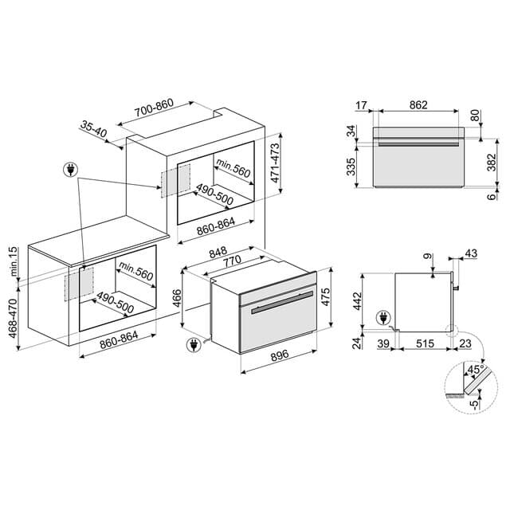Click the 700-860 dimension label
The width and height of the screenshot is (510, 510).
coord(154,107)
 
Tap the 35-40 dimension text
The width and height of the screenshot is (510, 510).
coord(94,129)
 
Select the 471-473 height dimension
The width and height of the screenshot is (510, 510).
coord(275,163)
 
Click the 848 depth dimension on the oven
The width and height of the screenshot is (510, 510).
coord(218,252)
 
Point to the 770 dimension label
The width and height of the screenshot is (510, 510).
coord(232,261)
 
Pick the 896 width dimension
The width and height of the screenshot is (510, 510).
coord(280,355)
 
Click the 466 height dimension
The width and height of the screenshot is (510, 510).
coord(177,298)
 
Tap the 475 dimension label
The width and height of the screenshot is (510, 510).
coord(325,296)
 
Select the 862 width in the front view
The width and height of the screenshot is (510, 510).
coord(418,105)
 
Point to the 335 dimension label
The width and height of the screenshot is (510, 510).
coord(351,167)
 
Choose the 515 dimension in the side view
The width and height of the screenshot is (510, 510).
coord(425,343)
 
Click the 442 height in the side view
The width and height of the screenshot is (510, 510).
coord(357,301)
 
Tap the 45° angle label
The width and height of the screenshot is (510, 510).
coord(476,370)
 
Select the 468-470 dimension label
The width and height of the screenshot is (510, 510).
coord(13,319)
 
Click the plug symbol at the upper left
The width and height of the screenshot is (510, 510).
coord(71,170)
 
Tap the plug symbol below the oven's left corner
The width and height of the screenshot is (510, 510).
coord(194,345)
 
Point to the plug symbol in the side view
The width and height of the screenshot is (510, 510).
coord(383,318)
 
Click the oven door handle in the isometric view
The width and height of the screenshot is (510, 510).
coord(282,303)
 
